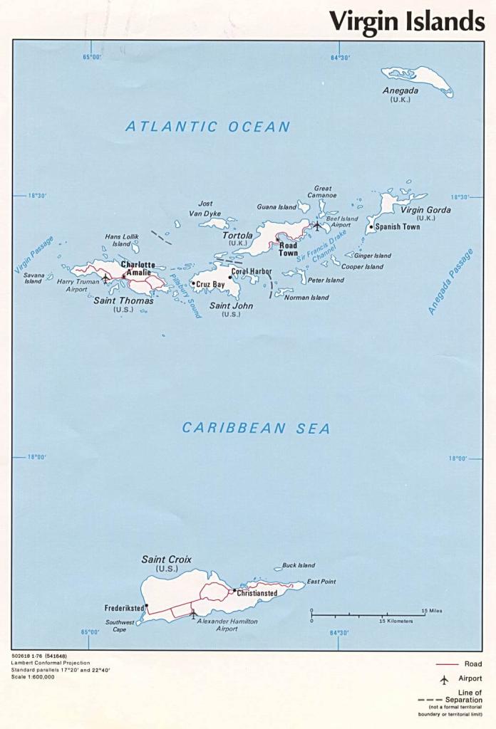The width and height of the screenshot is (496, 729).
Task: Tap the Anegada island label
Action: pos(401,91)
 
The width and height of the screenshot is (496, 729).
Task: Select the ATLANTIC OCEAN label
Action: pos(207,127)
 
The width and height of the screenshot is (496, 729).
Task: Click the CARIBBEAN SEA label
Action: pos(256,428)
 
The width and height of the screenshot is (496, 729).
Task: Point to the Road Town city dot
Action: pos(278,241)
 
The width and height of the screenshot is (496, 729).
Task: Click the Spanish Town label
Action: pos(398,227)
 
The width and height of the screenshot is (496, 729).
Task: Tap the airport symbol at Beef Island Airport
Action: pos(317,226)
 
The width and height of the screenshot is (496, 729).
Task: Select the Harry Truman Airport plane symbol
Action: pos(106,278)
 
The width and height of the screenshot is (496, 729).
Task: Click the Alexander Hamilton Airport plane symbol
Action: pos(193,613)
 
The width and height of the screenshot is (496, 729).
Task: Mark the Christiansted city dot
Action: pos(234,590)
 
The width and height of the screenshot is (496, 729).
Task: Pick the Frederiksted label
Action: pos(124,609)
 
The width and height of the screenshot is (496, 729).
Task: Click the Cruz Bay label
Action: pos(210,284)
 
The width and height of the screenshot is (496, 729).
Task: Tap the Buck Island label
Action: pos(299,565)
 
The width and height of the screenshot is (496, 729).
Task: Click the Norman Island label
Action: pos(306,298)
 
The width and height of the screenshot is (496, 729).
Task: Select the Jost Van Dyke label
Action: pos(205,209)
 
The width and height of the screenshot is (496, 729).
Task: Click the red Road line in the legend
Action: pos(447,664)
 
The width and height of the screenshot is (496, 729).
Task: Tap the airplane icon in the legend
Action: pos(444,679)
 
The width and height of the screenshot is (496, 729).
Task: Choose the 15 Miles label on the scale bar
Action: pos(432,611)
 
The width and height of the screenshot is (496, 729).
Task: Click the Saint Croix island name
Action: pos(166,560)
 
